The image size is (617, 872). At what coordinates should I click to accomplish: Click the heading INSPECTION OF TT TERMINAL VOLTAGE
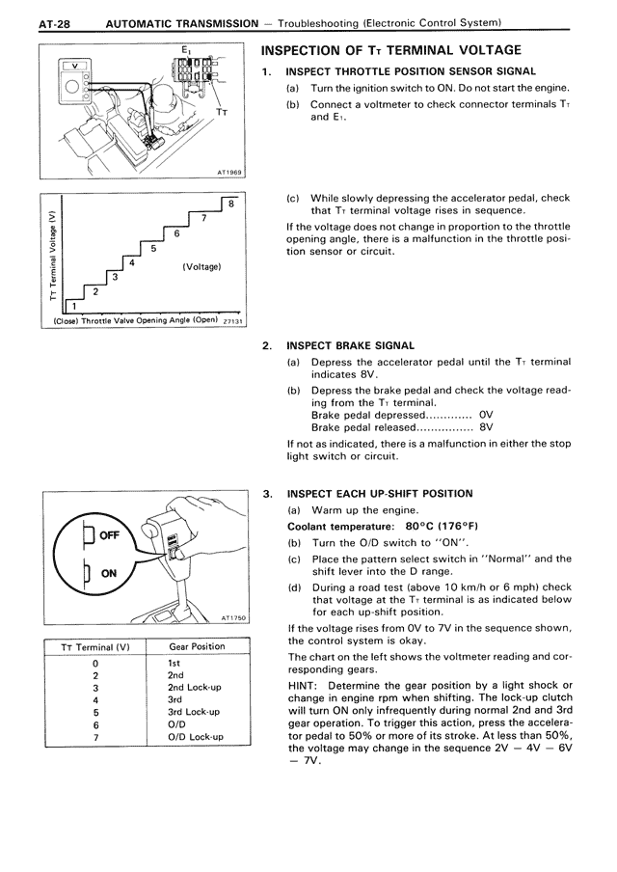(x=391, y=50)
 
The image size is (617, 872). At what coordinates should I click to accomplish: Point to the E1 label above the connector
(x=185, y=48)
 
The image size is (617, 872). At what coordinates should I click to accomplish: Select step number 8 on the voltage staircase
(x=231, y=204)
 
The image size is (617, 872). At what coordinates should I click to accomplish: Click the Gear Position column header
(x=197, y=646)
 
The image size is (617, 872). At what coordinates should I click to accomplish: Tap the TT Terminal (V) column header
(x=95, y=646)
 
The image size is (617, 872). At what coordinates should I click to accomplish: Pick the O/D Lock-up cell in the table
(x=196, y=737)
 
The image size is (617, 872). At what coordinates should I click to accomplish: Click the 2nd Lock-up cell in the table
(x=196, y=688)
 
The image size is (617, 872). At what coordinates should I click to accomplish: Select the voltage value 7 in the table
(x=95, y=737)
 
